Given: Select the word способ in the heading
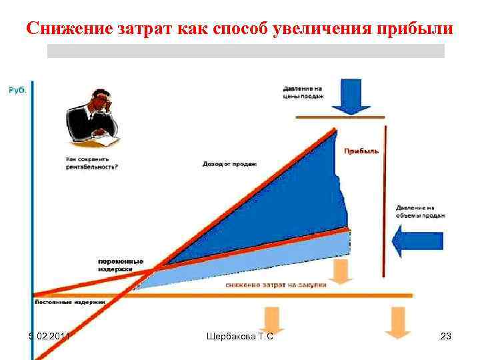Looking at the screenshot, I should coord(237,29).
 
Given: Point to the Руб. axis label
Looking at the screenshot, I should coord(17,90).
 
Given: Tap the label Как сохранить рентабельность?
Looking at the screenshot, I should coord(92,163).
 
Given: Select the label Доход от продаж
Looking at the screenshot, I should coord(230,163).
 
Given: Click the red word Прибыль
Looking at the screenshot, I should coord(361,151).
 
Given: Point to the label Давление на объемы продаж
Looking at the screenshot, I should coord(420,211).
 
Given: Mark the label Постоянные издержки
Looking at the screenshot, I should coord(70,302).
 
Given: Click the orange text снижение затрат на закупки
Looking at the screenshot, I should coord(276,285).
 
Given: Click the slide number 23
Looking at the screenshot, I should coord(446,337).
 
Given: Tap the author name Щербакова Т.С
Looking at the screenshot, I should coord(241,337).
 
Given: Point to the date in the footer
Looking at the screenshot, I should coord(47,337).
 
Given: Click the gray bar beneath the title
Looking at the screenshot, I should coord(245,51).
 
